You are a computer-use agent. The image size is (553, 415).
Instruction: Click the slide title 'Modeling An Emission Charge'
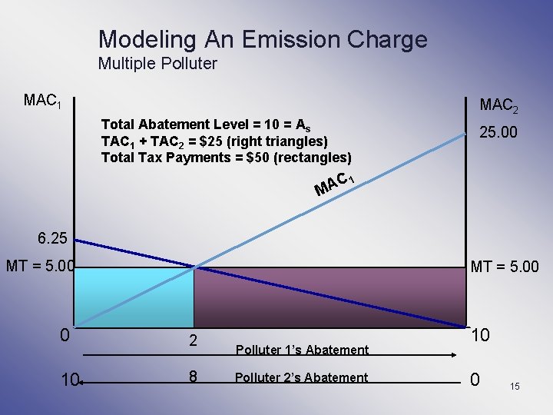(263, 38)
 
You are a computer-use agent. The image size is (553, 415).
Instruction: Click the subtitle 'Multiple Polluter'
(157, 64)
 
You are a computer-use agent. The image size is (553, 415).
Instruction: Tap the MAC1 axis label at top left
(41, 101)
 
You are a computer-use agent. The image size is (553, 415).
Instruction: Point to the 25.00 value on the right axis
(498, 133)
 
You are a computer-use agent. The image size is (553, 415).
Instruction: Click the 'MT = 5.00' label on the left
(39, 267)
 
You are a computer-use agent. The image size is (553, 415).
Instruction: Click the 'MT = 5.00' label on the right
(504, 267)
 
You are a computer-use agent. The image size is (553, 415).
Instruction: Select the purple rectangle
(329, 297)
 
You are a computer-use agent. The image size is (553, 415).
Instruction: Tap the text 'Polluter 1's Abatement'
(302, 350)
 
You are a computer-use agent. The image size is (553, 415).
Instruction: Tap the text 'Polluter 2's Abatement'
(302, 377)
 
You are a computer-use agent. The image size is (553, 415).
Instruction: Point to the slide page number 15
(515, 386)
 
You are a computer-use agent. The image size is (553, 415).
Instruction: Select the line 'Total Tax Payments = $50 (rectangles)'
(227, 158)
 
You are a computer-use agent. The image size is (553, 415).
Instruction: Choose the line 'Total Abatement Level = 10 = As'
(206, 124)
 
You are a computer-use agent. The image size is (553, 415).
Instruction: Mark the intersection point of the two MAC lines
(194, 267)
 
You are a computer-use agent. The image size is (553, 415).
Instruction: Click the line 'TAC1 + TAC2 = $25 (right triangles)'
(214, 141)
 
